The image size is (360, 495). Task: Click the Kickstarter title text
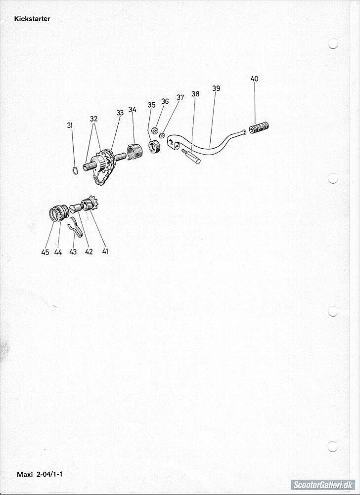click(32, 19)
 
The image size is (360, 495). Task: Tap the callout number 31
click(70, 125)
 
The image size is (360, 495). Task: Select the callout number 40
click(254, 79)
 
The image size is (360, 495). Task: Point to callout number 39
click(216, 89)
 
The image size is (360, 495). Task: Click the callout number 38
click(195, 94)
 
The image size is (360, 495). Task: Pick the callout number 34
click(133, 110)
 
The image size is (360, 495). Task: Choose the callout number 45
click(45, 252)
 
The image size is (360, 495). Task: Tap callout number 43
click(73, 252)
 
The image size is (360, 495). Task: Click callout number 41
click(105, 251)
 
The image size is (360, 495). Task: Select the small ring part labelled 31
click(75, 170)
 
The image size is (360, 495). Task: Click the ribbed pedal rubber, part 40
click(259, 128)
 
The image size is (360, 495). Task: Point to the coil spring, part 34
click(134, 152)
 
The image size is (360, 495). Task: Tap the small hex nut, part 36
click(155, 130)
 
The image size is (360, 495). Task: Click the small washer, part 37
click(162, 135)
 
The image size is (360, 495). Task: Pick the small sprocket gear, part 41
click(89, 204)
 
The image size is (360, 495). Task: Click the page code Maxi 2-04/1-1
click(40, 474)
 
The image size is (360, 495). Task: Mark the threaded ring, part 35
click(155, 148)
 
